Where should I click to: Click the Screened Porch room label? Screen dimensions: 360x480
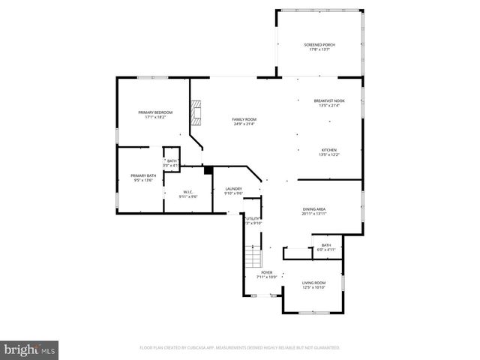(x=319, y=45)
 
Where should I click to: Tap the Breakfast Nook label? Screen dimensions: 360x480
(x=329, y=101)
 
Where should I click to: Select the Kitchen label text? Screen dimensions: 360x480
(x=329, y=150)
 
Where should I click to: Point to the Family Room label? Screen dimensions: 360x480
(x=244, y=120)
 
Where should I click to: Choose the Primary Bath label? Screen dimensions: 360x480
(x=142, y=175)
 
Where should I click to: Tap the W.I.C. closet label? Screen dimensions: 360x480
(x=187, y=191)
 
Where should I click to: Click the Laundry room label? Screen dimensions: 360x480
(x=233, y=189)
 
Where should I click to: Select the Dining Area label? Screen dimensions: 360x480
(x=313, y=210)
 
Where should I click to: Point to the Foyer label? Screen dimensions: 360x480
(x=266, y=272)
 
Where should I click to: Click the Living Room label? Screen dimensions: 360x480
(x=313, y=283)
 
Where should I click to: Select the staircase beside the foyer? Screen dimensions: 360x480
(x=252, y=259)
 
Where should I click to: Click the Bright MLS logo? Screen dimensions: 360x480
(x=30, y=349)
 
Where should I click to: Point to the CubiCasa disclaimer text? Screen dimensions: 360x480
(x=240, y=348)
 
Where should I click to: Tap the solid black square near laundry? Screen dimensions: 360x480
(x=208, y=170)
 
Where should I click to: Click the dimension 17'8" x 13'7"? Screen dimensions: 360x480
(x=319, y=49)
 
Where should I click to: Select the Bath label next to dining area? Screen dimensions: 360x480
(x=326, y=245)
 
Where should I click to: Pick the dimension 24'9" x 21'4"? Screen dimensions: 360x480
(x=244, y=124)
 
